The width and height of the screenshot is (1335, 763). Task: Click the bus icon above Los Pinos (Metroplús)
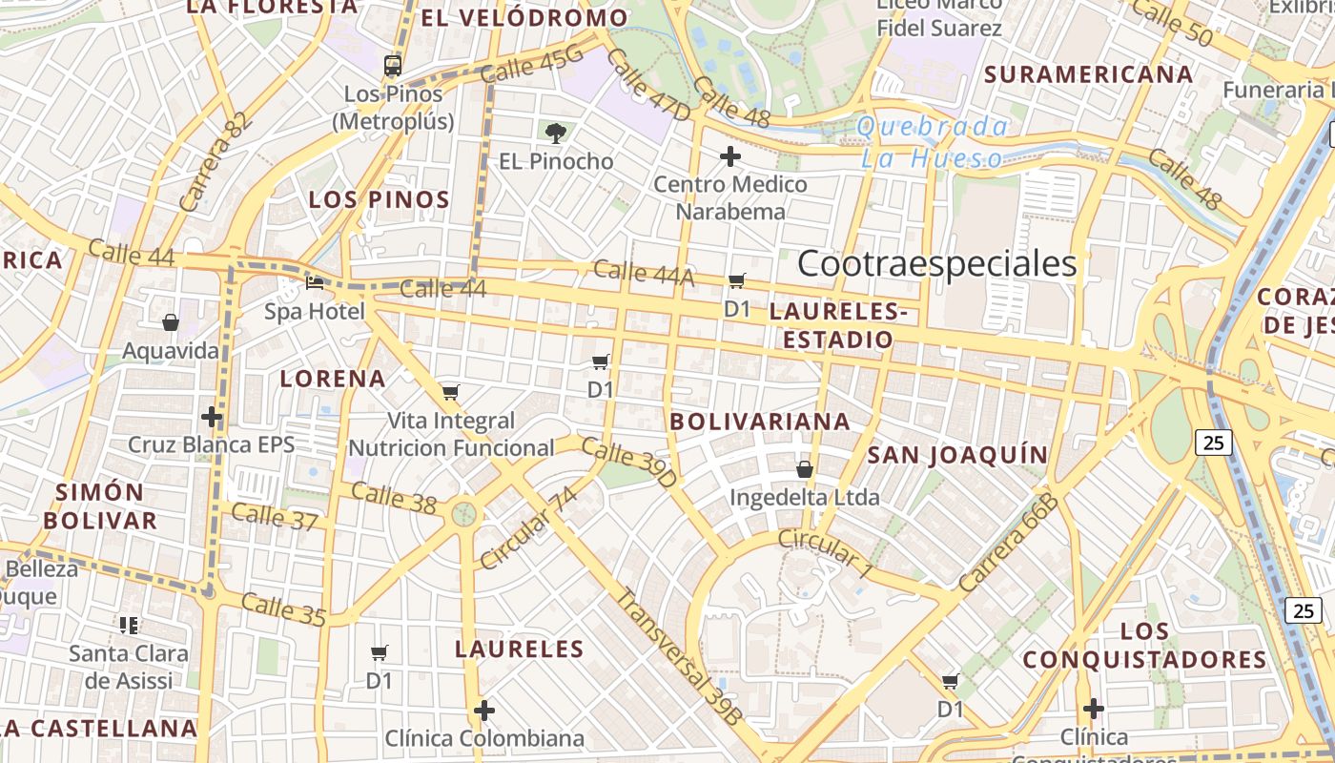(393, 66)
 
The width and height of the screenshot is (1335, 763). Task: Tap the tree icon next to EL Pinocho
(555, 133)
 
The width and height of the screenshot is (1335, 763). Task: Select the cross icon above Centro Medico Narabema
(730, 155)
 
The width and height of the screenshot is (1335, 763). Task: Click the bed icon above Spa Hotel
(315, 282)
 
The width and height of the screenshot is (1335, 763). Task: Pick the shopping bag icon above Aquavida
(171, 322)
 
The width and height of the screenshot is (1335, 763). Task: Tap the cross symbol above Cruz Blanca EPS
(212, 417)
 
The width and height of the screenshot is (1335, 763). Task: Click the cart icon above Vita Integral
(451, 392)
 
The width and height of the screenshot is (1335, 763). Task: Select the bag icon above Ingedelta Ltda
(805, 469)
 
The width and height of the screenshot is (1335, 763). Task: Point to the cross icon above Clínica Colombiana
(484, 711)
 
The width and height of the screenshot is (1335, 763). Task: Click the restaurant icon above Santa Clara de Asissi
(129, 626)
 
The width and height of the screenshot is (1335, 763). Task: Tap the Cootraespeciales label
(936, 264)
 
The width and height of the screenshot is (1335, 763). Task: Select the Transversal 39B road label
(678, 658)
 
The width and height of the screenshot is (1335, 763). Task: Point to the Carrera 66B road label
(1009, 544)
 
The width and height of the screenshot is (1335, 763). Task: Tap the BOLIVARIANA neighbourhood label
(759, 422)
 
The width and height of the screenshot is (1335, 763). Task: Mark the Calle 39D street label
(628, 463)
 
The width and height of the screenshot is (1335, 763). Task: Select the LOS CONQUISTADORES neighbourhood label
(1144, 646)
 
